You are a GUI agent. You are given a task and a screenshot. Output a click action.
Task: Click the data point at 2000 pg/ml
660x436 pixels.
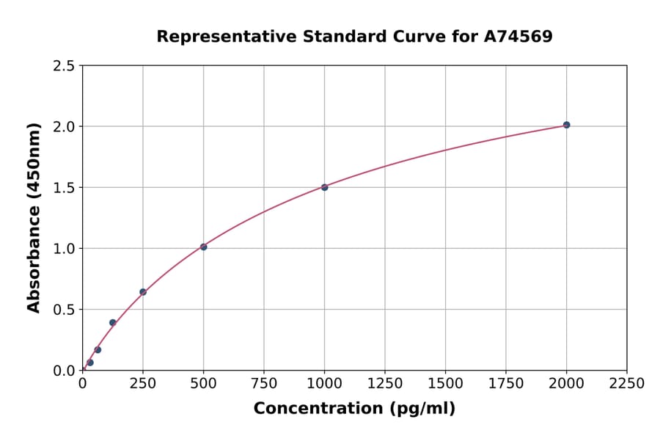[x=566, y=125]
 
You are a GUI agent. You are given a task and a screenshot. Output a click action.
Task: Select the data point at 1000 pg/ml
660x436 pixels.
[x=324, y=187]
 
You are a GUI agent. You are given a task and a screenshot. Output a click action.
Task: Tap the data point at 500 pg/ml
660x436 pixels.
[x=203, y=247]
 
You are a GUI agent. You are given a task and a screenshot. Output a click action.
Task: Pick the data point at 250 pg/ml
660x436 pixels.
[x=143, y=292]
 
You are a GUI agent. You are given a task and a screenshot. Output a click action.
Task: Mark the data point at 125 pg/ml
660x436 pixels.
[x=112, y=322]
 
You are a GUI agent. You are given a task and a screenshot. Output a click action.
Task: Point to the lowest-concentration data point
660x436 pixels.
[x=90, y=363]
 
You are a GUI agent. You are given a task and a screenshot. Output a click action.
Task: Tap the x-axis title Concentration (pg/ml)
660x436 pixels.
[x=354, y=409]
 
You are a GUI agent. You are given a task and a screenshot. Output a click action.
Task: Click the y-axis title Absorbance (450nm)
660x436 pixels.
[x=34, y=218]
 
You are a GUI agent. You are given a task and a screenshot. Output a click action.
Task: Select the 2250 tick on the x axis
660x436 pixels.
[x=627, y=384]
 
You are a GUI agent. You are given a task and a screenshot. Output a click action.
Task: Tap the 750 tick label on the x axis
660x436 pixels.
[x=264, y=384]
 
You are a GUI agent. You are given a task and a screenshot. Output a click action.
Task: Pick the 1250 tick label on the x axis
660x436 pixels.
[x=385, y=384]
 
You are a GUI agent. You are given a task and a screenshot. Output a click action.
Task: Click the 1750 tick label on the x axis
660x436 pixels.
[x=506, y=384]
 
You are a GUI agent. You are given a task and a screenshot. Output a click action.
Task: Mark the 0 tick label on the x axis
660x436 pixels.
[x=82, y=384]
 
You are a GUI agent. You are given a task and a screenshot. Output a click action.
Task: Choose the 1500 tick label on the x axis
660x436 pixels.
[x=445, y=384]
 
